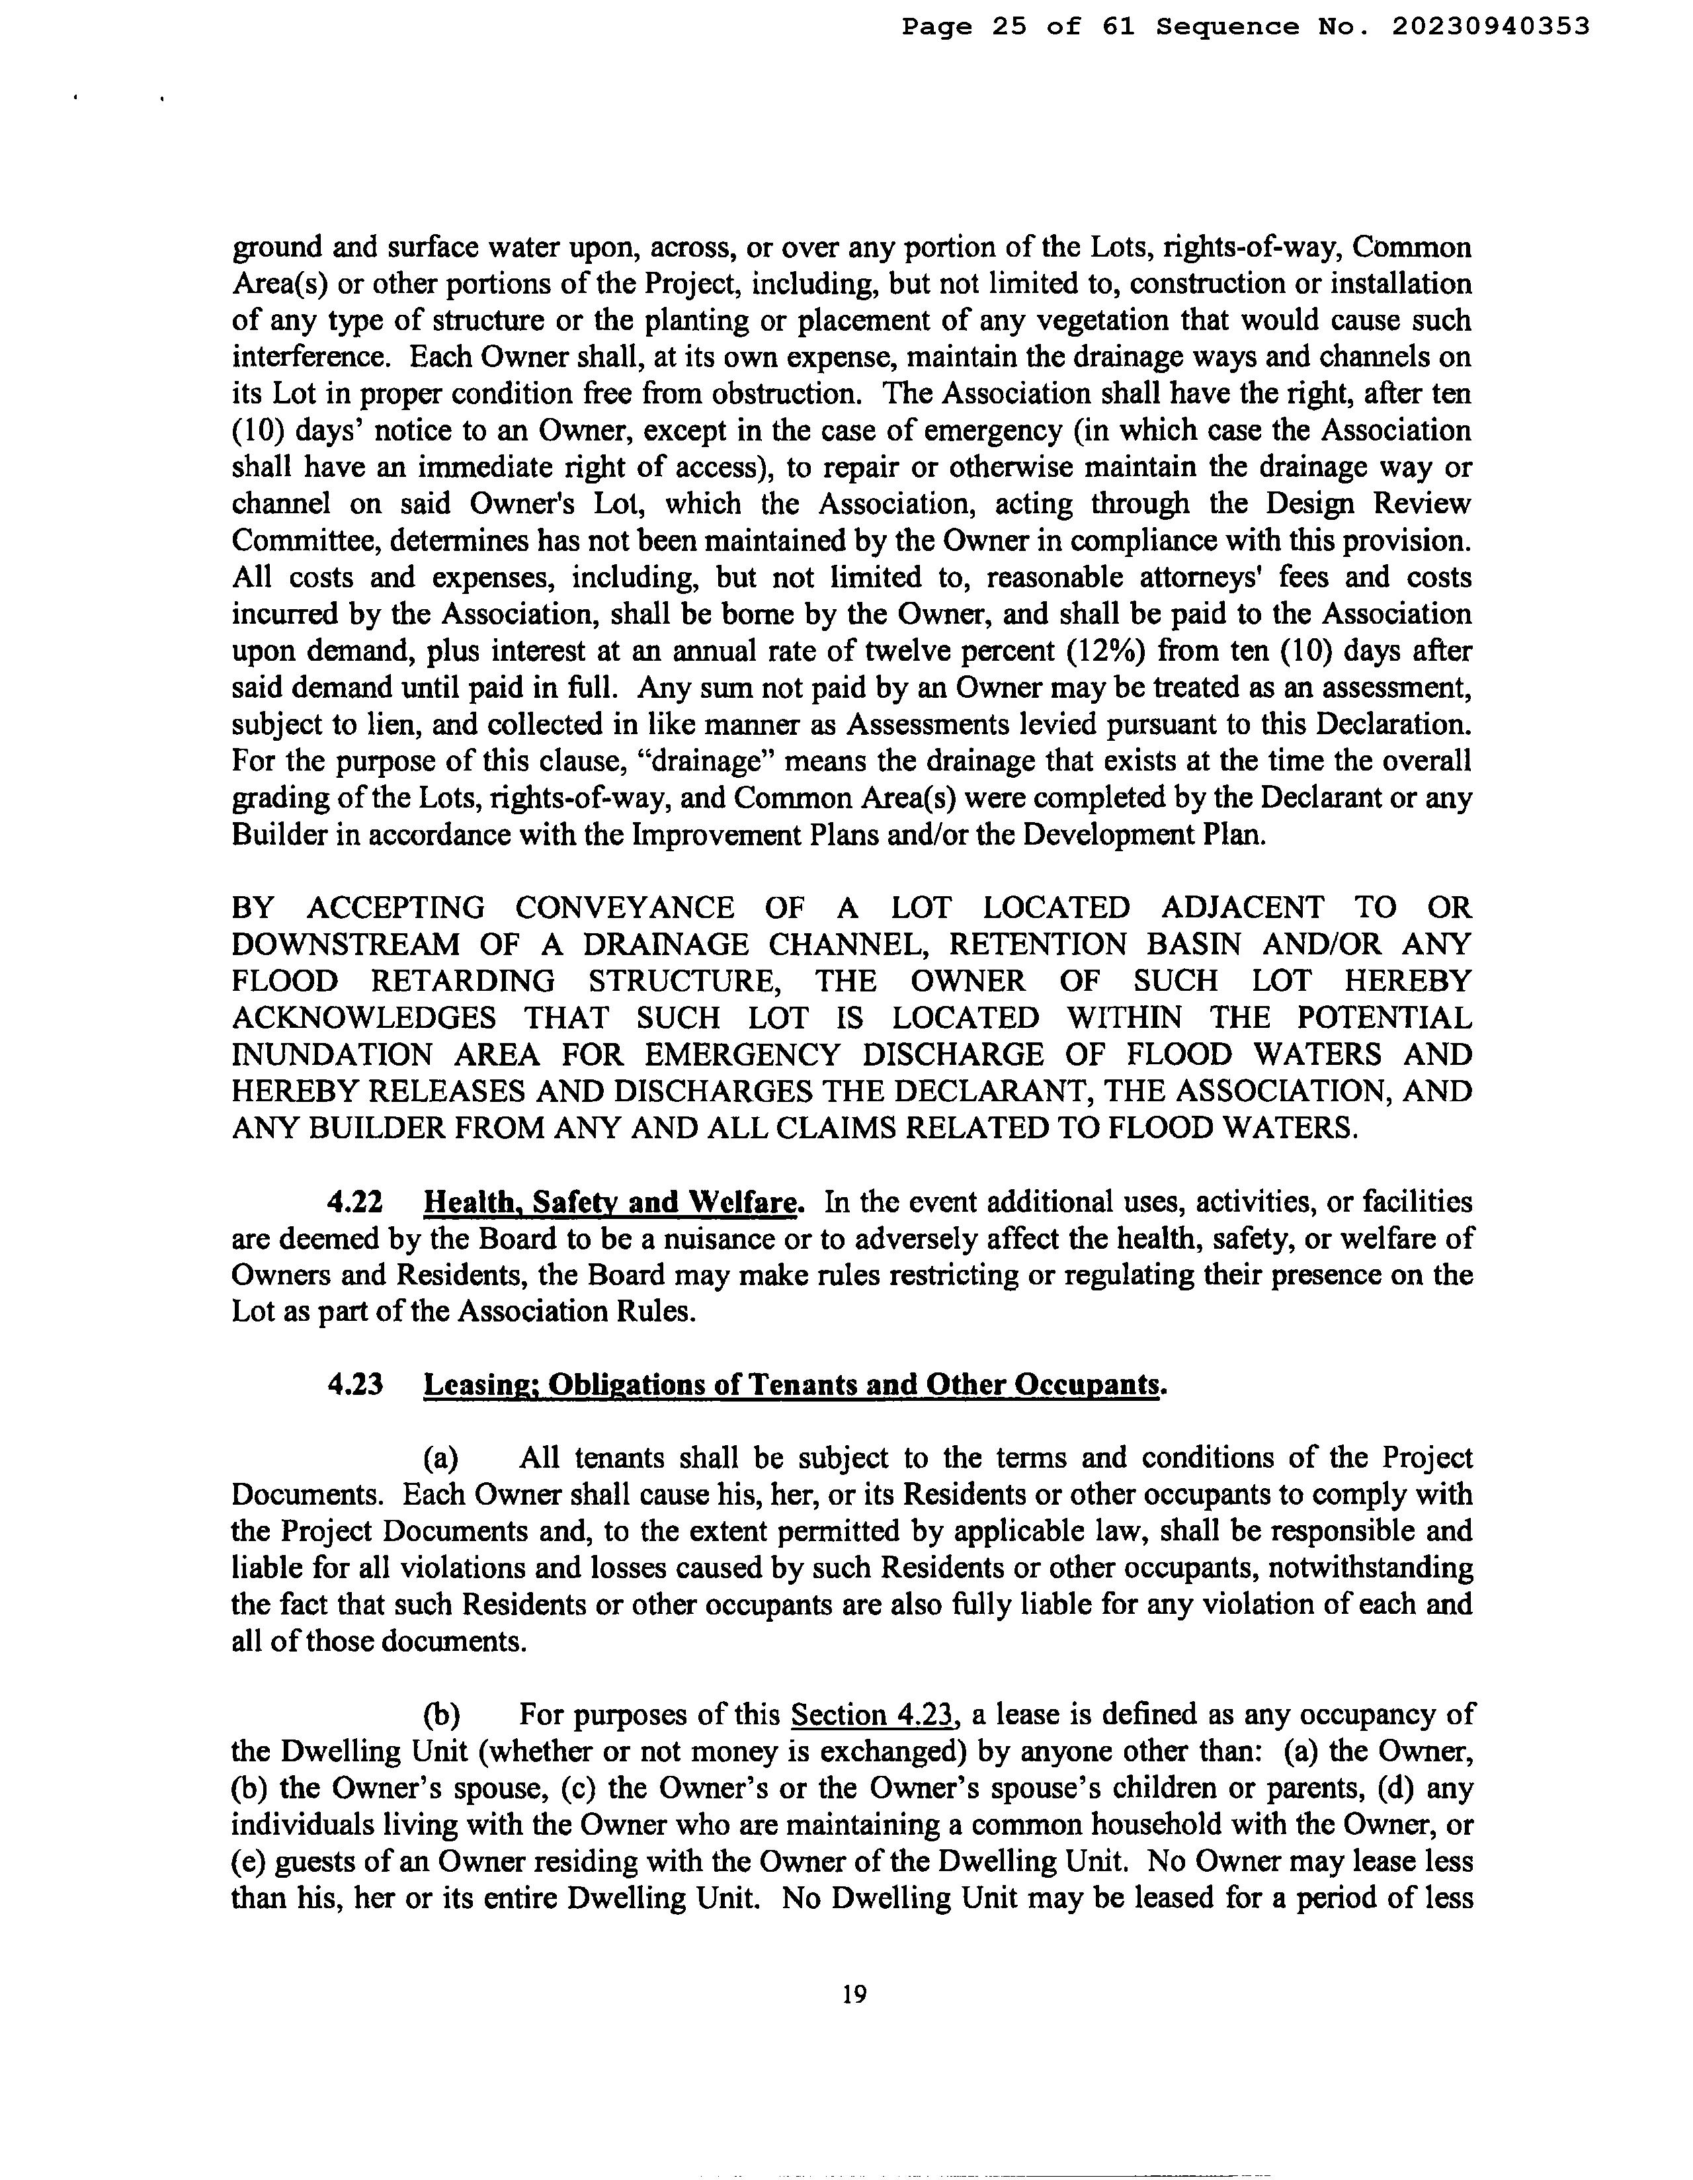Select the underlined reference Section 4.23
pos(874,1715)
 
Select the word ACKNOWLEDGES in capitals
pos(363,1018)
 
